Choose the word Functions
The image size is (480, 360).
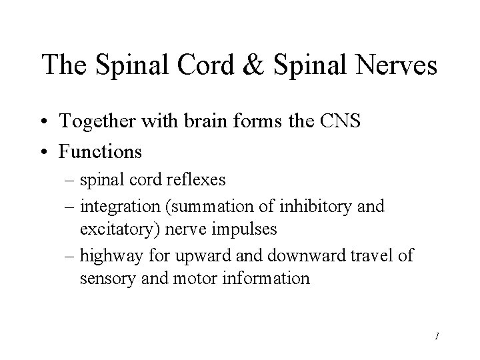[x=100, y=151]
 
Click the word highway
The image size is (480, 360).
[x=107, y=255]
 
